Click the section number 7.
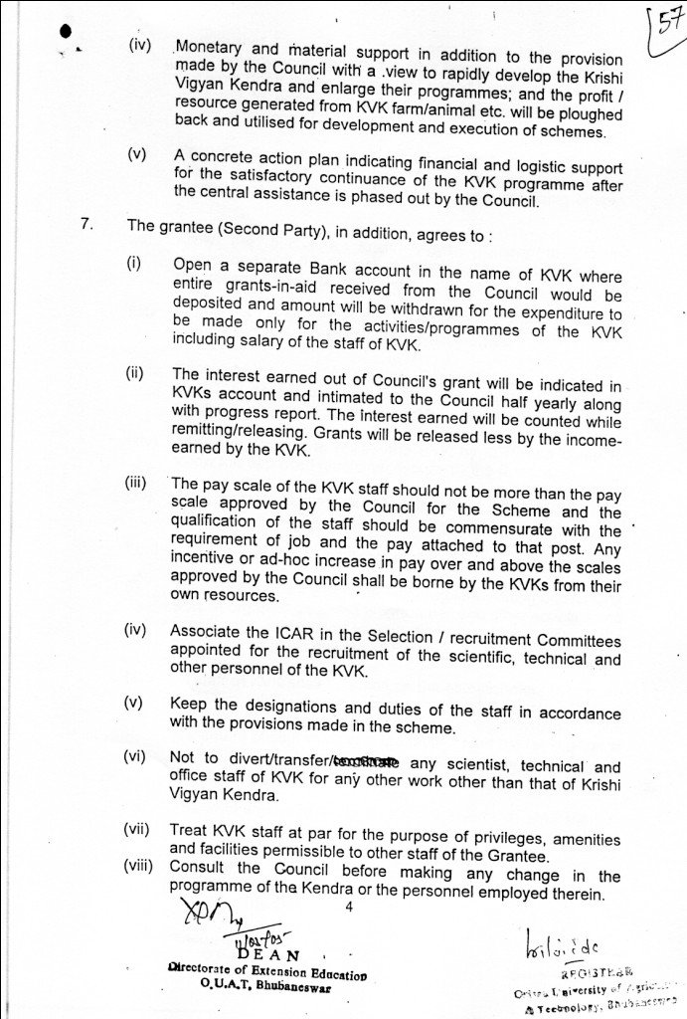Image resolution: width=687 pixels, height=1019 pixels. pos(86,225)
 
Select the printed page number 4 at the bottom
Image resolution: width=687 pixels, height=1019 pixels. pos(348,908)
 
